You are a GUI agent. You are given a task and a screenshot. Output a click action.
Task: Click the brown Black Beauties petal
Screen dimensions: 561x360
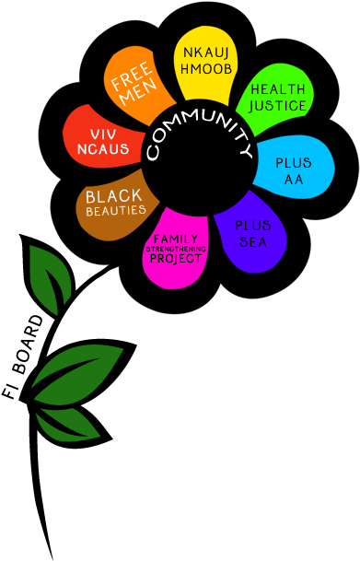click(112, 201)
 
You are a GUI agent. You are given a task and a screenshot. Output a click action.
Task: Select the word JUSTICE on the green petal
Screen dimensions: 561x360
click(278, 106)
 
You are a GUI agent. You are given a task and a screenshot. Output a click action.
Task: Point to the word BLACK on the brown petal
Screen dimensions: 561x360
click(115, 196)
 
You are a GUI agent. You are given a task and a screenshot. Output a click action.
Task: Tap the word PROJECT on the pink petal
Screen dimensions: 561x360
click(176, 258)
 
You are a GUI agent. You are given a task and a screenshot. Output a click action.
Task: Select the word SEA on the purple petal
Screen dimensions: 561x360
click(252, 241)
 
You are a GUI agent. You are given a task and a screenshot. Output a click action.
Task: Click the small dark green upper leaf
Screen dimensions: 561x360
click(50, 276)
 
